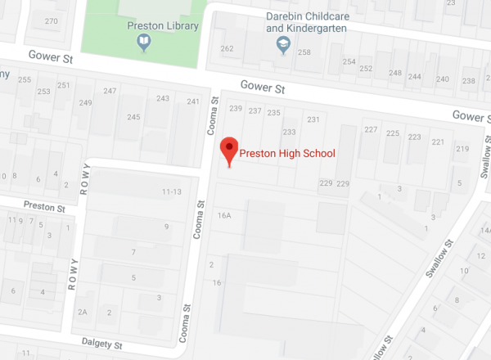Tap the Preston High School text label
[x=287, y=153]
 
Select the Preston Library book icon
[x=144, y=42]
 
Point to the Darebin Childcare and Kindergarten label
[x=307, y=22]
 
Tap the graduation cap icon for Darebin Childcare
[x=284, y=44]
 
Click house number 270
[x=52, y=20]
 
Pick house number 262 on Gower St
[x=227, y=48]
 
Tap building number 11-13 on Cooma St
[x=171, y=192]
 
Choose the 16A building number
[x=225, y=215]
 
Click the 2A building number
[x=83, y=312]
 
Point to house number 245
[x=133, y=117]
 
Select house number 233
[x=289, y=132]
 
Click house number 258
[x=304, y=52]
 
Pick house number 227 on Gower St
[x=371, y=131]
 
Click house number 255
[x=25, y=79]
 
